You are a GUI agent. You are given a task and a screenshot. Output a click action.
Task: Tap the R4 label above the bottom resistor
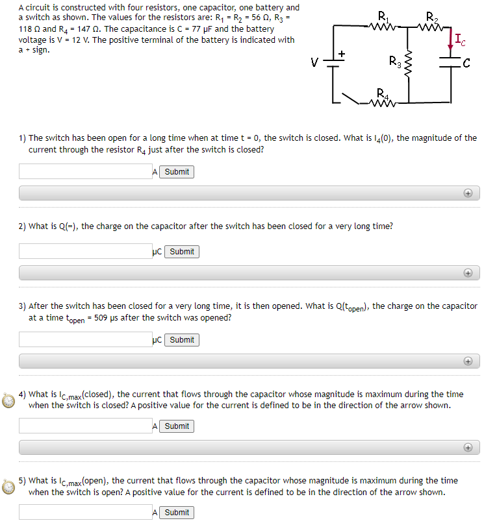[x=383, y=91]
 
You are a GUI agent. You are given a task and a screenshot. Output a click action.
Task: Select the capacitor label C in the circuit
[x=466, y=63]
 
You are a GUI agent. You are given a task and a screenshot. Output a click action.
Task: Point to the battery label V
[x=314, y=63]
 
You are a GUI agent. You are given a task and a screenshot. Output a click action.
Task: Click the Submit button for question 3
[x=182, y=340]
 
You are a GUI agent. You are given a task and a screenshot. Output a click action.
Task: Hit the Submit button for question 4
[x=177, y=426]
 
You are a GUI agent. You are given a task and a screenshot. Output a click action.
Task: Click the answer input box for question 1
[x=85, y=171]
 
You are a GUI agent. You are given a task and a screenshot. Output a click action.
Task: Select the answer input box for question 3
[x=85, y=339]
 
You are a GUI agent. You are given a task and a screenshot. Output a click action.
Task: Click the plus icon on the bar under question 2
[x=467, y=273]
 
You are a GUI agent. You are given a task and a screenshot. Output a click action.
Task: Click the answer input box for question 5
[x=85, y=512]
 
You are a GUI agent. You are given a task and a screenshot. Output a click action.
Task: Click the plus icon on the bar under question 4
[x=467, y=448]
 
